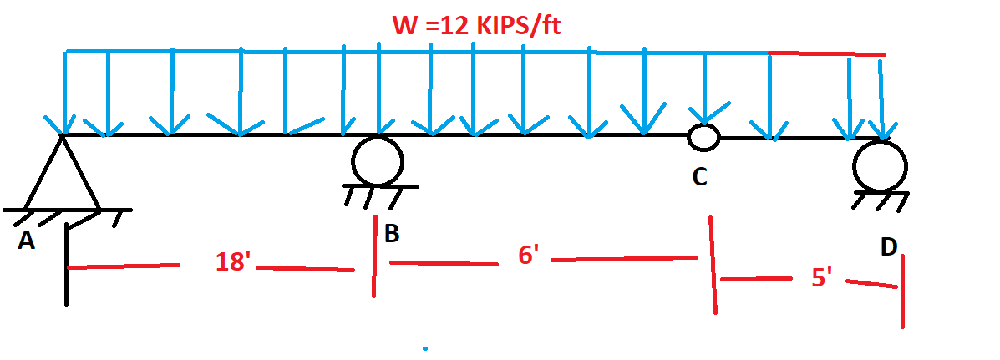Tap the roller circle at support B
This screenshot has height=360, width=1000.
377,160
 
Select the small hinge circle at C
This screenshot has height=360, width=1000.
703,137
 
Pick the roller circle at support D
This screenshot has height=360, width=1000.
880,165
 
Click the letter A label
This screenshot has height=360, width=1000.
26,241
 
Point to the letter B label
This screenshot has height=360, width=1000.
391,234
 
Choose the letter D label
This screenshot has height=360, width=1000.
889,246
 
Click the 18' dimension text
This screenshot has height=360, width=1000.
233,261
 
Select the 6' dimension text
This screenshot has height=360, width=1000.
528,255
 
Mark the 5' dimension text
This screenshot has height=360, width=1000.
822,277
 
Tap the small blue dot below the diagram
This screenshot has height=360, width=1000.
425,347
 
